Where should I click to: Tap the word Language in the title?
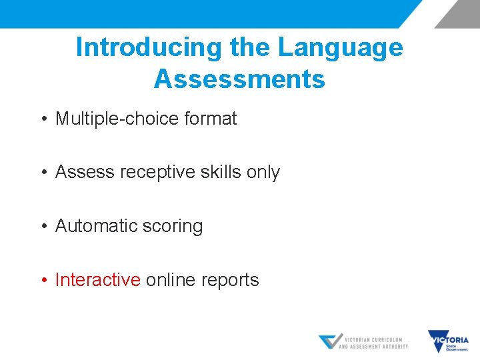[x=340, y=48]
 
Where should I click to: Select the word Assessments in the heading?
[x=239, y=79]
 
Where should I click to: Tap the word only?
[x=263, y=172]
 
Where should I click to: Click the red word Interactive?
[x=97, y=280]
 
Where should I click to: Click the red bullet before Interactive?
[x=43, y=281]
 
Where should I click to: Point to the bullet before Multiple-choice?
[x=43, y=119]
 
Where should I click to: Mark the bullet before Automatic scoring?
[x=43, y=227]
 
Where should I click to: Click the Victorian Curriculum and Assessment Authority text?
[x=373, y=343]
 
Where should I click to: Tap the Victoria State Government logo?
[x=448, y=341]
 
